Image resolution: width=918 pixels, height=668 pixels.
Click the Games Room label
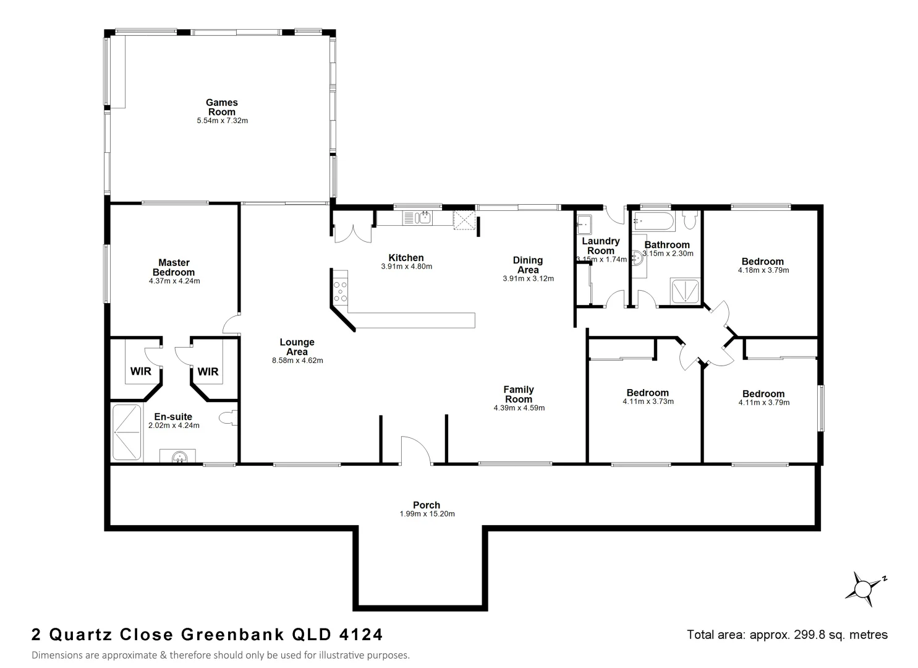pyautogui.click(x=221, y=107)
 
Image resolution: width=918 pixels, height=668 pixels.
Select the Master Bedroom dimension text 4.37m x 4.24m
pyautogui.click(x=174, y=281)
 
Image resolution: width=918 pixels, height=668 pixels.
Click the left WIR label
pyautogui.click(x=140, y=372)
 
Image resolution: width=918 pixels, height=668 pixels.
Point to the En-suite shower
pyautogui.click(x=127, y=432)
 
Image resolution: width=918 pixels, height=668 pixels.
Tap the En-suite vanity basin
pyautogui.click(x=179, y=456)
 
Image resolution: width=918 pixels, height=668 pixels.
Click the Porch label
pyautogui.click(x=427, y=505)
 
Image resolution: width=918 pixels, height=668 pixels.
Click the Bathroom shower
pyautogui.click(x=686, y=291)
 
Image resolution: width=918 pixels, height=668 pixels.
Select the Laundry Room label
pyautogui.click(x=600, y=246)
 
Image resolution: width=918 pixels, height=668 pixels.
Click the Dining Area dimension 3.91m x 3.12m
pyautogui.click(x=528, y=278)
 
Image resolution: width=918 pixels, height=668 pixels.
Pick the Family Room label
pyautogui.click(x=518, y=394)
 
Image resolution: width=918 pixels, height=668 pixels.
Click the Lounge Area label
pyautogui.click(x=297, y=346)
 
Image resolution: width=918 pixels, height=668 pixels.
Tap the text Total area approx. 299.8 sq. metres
pyautogui.click(x=787, y=635)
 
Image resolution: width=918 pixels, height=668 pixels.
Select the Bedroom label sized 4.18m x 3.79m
pyautogui.click(x=763, y=261)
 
